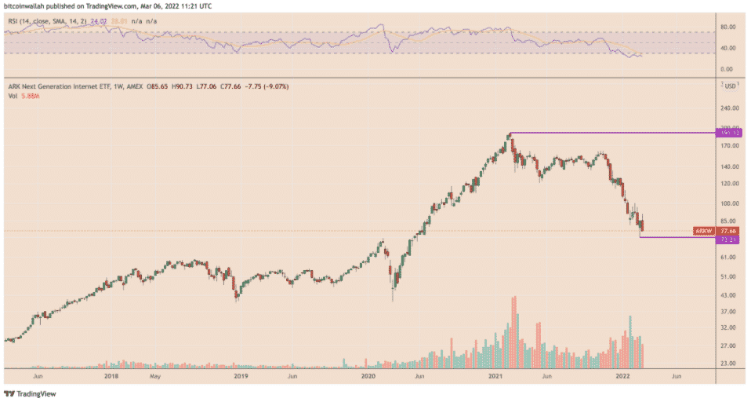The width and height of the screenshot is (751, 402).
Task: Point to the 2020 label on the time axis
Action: (368, 376)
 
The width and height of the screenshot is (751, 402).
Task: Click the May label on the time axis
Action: (155, 376)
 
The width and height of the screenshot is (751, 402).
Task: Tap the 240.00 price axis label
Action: (730, 110)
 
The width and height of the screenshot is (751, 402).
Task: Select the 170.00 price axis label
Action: (730, 145)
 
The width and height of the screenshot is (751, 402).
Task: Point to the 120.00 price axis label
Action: (730, 184)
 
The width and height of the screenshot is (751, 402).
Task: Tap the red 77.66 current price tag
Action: (728, 231)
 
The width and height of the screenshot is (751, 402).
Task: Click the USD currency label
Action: (731, 85)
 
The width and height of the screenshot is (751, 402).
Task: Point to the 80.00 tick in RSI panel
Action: (728, 27)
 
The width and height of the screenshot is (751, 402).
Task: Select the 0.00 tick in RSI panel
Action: (727, 69)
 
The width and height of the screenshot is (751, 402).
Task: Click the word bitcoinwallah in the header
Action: (27, 5)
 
